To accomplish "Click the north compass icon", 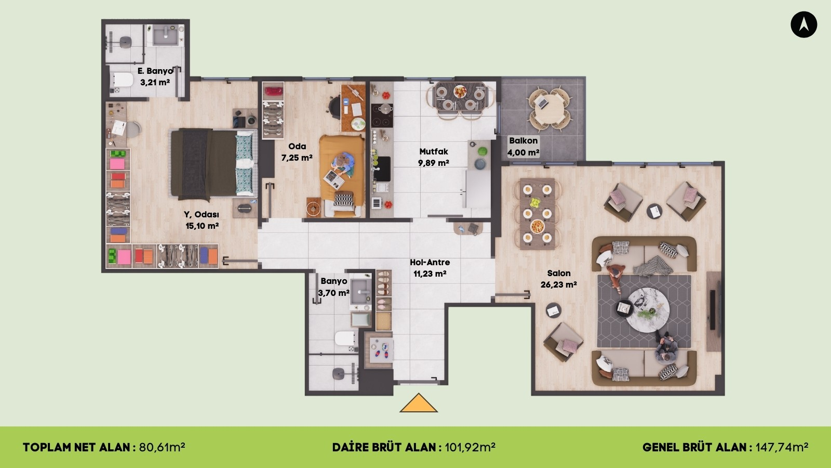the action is (803, 24).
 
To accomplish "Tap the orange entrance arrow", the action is (419, 403).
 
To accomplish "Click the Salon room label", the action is (559, 274).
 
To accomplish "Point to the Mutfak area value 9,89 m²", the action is (434, 163).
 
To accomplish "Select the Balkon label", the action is (523, 141).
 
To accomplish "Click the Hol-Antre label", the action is (430, 262).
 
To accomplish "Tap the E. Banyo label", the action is (155, 71).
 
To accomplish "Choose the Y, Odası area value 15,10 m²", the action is (202, 226).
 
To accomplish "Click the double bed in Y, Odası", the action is (213, 163).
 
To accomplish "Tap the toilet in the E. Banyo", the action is (122, 80).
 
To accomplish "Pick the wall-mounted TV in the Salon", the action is (712, 310).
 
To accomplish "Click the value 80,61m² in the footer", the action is (162, 447).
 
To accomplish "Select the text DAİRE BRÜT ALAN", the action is (384, 447).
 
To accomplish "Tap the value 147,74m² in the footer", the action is (782, 447).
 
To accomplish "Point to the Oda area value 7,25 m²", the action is (297, 158).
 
